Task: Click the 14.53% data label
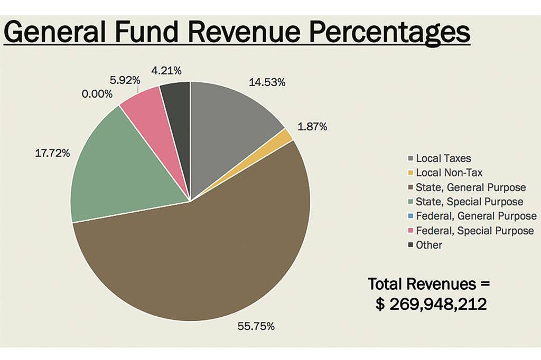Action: click(x=267, y=82)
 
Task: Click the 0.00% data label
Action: click(x=97, y=94)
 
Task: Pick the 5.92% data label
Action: click(x=125, y=80)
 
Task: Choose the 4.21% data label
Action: click(x=166, y=70)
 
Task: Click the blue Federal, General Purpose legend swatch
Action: click(x=411, y=216)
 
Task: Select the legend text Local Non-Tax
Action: click(x=449, y=173)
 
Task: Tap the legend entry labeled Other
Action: click(x=429, y=245)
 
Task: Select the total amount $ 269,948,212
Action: click(x=431, y=304)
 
